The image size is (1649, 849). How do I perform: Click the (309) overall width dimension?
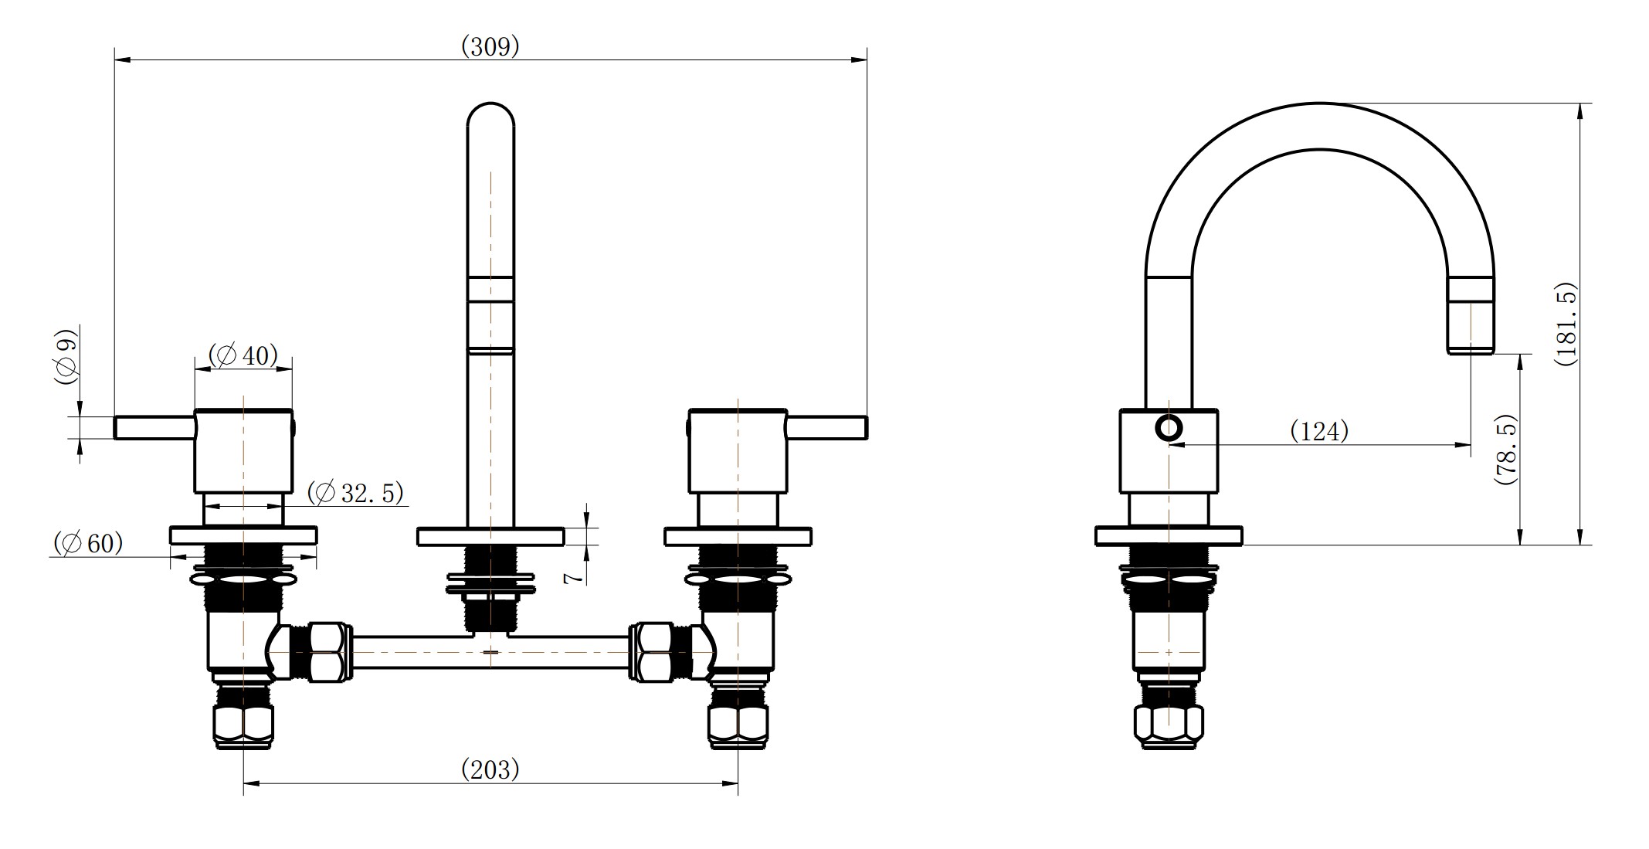[490, 47]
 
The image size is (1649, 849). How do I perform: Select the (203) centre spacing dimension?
[490, 769]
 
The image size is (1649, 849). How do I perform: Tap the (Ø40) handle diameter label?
[243, 355]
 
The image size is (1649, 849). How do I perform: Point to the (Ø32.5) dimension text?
[355, 492]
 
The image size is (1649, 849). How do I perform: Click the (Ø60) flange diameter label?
[88, 543]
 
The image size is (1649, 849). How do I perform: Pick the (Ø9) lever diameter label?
[66, 356]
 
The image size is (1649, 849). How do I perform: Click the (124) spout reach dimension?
[1319, 430]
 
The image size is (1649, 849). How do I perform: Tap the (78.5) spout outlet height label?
[1505, 450]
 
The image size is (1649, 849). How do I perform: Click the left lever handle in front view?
[154, 427]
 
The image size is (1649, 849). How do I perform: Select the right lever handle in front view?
[826, 427]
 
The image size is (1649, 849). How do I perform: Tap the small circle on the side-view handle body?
[1169, 428]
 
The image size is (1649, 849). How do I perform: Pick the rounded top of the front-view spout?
[490, 113]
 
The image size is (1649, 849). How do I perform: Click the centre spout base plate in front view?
[490, 536]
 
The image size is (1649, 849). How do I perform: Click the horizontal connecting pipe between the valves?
[490, 651]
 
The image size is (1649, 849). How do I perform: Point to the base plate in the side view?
[1169, 536]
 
